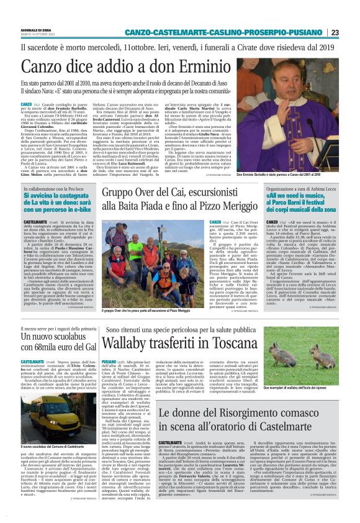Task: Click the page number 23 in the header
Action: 334,32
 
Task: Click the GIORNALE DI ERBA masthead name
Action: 37,29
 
